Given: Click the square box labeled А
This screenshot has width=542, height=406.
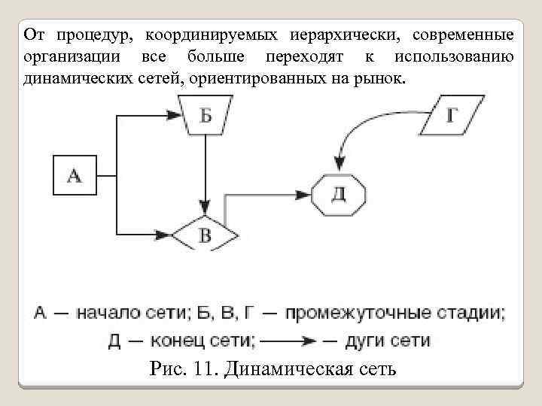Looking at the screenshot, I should [x=74, y=176].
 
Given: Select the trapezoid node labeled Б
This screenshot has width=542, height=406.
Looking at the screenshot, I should [x=205, y=116].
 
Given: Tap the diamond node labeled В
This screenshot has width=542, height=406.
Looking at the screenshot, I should [x=205, y=235].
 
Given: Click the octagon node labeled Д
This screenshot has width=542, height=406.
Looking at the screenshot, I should [x=339, y=194].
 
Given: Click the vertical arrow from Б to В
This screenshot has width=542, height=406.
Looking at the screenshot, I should [x=205, y=173].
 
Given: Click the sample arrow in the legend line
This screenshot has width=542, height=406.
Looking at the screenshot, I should [x=289, y=341].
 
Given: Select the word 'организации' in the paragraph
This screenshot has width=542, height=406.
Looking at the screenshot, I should [x=72, y=57].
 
